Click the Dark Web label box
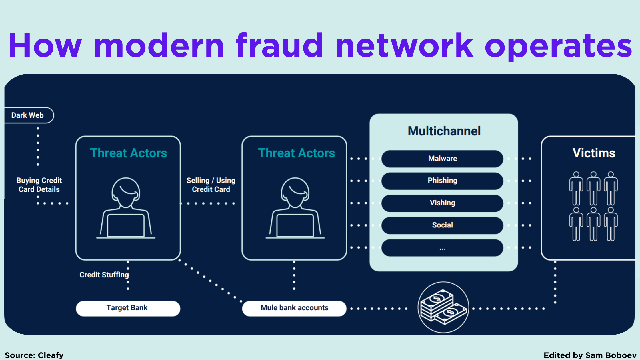[x=28, y=115]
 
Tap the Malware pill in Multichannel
[x=442, y=159]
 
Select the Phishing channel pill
[x=442, y=181]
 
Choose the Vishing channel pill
[x=442, y=203]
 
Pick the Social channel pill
[x=442, y=225]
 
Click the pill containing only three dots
[x=442, y=248]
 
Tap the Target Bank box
[x=128, y=308]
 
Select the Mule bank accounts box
[x=294, y=308]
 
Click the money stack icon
[x=443, y=307]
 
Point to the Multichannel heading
[x=444, y=131]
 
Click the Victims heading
[x=594, y=153]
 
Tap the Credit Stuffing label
[x=104, y=275]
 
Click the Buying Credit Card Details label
[x=39, y=185]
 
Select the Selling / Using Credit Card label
[x=211, y=185]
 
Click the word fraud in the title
[x=279, y=46]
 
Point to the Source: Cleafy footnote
[x=34, y=355]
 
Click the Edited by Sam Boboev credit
[x=590, y=355]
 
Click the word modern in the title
[x=159, y=46]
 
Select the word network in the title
[x=405, y=46]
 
